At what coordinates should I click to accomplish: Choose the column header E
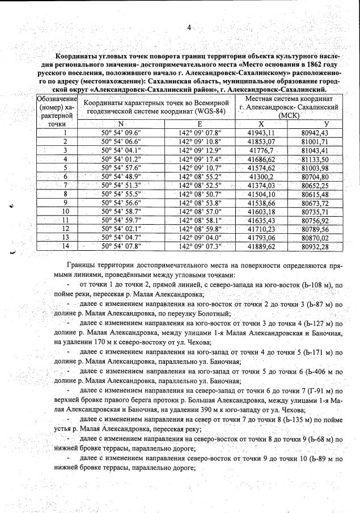click(200, 124)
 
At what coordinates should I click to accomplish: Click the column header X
click(261, 124)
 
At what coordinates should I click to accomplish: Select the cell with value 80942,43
click(316, 132)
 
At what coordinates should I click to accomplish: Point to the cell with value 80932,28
click(316, 247)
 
